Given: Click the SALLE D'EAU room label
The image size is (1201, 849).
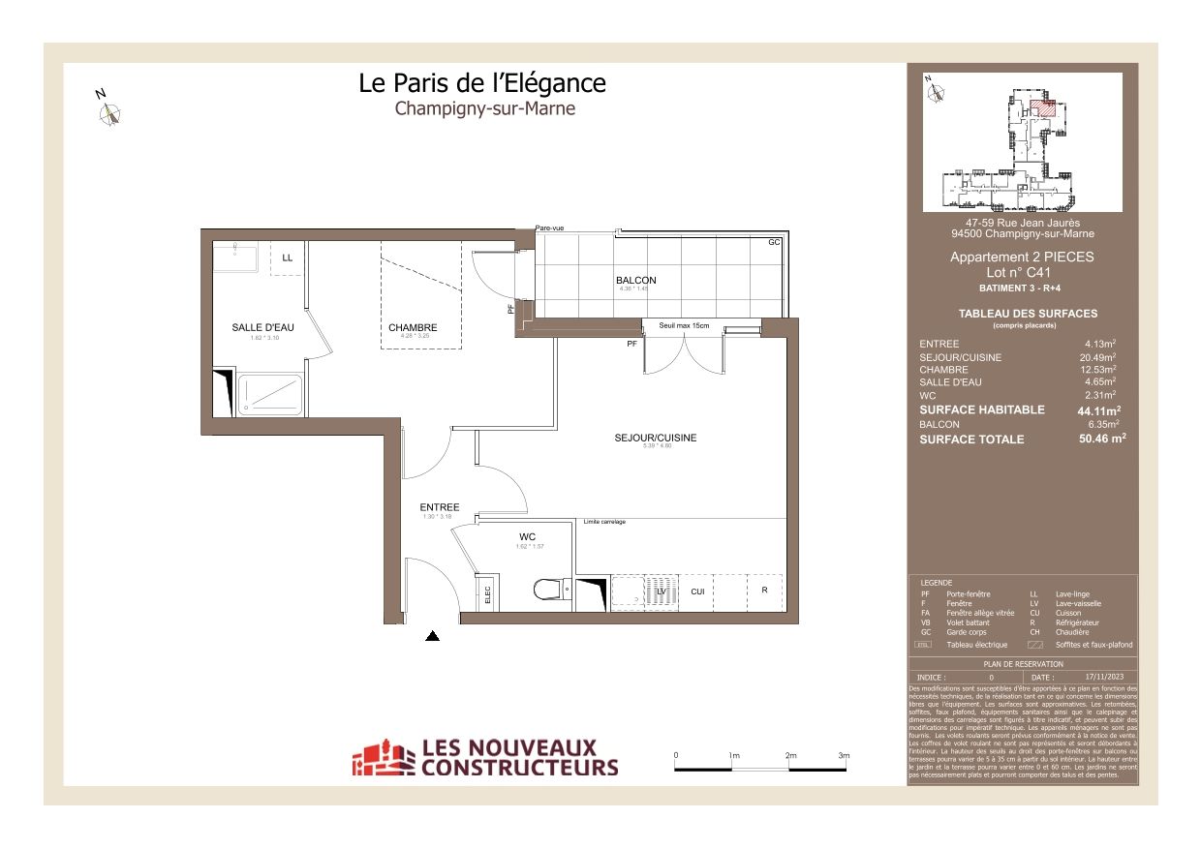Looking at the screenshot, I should [262, 327].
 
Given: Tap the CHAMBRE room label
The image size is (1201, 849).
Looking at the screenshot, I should [413, 327].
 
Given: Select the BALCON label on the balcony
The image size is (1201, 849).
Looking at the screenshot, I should [635, 281].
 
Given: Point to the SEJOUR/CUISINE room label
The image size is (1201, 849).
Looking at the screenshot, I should [655, 439].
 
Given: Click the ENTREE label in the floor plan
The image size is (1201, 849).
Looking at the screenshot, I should [439, 507].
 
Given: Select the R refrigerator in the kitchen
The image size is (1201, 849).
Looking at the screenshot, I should [764, 590].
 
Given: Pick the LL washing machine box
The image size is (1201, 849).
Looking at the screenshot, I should [287, 258].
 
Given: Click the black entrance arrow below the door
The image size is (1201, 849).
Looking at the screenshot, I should [433, 636].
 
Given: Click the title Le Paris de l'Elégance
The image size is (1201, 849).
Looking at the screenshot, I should [482, 83].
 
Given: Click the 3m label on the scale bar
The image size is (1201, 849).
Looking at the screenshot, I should [843, 755].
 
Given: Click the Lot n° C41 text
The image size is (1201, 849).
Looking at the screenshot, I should [1022, 273].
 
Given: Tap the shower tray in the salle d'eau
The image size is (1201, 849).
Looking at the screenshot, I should [269, 396].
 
